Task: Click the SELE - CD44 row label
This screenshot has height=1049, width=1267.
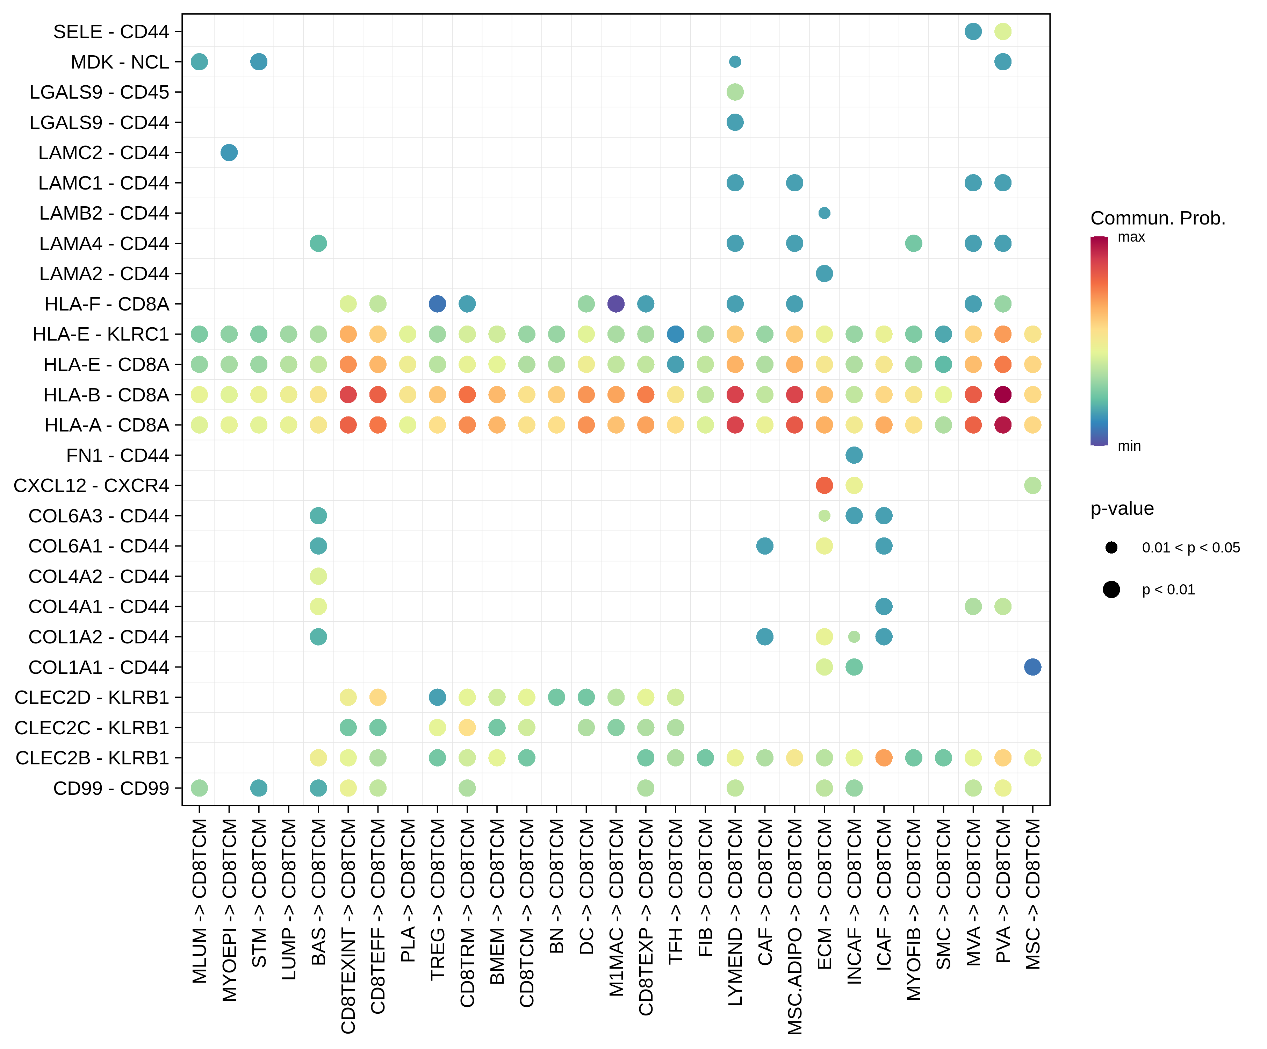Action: pyautogui.click(x=111, y=31)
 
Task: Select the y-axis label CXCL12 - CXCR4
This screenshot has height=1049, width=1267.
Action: pyautogui.click(x=91, y=485)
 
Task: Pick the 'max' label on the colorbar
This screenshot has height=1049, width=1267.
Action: pyautogui.click(x=1131, y=237)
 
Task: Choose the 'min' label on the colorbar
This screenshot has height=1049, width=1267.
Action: pyautogui.click(x=1129, y=446)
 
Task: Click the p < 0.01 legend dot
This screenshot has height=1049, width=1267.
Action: pyautogui.click(x=1111, y=590)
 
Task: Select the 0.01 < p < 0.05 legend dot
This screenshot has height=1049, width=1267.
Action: pyautogui.click(x=1111, y=548)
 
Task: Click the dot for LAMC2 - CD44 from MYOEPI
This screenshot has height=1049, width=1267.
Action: pyautogui.click(x=229, y=153)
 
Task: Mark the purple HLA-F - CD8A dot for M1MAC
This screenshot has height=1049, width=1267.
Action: pyautogui.click(x=616, y=304)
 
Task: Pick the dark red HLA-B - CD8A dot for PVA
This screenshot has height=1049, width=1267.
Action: pyautogui.click(x=1003, y=395)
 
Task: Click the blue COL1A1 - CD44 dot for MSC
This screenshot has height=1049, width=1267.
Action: pyautogui.click(x=1032, y=667)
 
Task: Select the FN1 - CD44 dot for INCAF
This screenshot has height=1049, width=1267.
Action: pyautogui.click(x=854, y=455)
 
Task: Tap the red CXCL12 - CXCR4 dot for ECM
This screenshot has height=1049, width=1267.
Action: pyautogui.click(x=824, y=485)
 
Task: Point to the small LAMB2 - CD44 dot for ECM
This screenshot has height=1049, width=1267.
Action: pyautogui.click(x=824, y=213)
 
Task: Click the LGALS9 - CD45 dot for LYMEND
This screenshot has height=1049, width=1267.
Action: pyautogui.click(x=735, y=92)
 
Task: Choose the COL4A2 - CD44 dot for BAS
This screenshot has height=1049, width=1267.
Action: pyautogui.click(x=318, y=576)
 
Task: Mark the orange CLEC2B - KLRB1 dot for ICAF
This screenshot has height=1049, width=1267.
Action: pyautogui.click(x=884, y=757)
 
